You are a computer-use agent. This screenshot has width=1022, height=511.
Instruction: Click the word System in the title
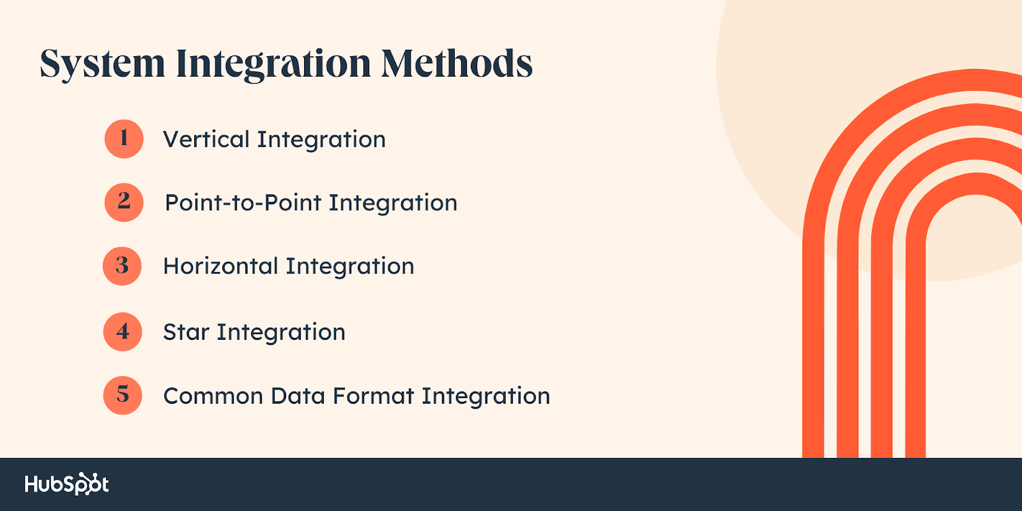pos(102,64)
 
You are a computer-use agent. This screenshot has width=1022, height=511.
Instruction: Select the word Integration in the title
pos(273,64)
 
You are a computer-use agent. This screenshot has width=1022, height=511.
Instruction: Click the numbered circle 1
pos(124,139)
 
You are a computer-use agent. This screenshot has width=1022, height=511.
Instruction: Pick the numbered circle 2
pos(124,202)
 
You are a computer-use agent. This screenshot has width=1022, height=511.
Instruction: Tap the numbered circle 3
pos(122,266)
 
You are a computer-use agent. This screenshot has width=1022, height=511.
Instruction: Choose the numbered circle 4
pos(123,332)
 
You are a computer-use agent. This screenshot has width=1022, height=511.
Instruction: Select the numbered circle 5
pos(123,395)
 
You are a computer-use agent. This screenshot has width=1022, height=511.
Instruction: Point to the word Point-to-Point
pos(242,202)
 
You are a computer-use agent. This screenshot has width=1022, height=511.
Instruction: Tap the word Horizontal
pos(220,266)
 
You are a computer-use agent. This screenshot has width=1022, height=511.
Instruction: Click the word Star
pos(186,332)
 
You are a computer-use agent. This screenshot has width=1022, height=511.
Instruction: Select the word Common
pos(213,396)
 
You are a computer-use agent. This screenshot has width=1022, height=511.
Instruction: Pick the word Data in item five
pos(297,396)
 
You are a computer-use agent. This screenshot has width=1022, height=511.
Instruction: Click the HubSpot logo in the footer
pos(67,484)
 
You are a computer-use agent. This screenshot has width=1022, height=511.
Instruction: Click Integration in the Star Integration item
pos(281,333)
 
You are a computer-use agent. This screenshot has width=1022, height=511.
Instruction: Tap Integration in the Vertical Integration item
pos(322,140)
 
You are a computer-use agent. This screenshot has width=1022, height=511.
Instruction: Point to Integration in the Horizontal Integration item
pos(350,267)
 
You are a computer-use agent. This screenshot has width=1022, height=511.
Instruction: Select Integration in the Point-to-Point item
pos(393,204)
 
